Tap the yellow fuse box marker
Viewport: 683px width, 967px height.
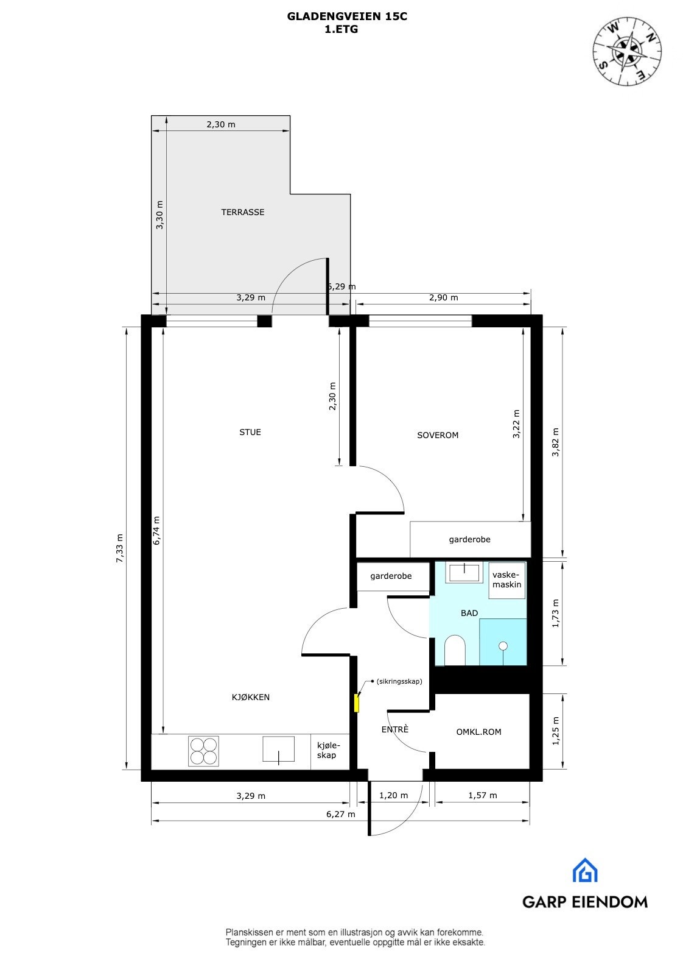(357, 703)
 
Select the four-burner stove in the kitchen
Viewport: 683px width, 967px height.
(203, 751)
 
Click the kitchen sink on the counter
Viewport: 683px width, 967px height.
(278, 749)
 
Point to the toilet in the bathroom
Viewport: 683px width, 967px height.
(455, 651)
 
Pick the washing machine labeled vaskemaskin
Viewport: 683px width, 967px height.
(506, 580)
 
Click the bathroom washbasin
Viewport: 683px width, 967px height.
(465, 572)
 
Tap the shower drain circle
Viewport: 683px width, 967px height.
(503, 645)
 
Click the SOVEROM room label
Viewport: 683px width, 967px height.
(438, 435)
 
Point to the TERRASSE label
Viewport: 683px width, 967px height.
(242, 212)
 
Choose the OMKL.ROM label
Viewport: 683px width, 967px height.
(478, 732)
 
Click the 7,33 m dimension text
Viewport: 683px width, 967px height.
(120, 548)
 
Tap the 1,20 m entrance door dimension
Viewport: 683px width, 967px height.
(393, 795)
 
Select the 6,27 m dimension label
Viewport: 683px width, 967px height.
(340, 814)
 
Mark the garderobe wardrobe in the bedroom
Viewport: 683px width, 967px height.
(470, 539)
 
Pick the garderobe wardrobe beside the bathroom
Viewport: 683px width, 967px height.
(391, 576)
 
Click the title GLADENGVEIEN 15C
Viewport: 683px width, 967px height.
(347, 17)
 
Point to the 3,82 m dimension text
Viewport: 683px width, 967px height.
(555, 443)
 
